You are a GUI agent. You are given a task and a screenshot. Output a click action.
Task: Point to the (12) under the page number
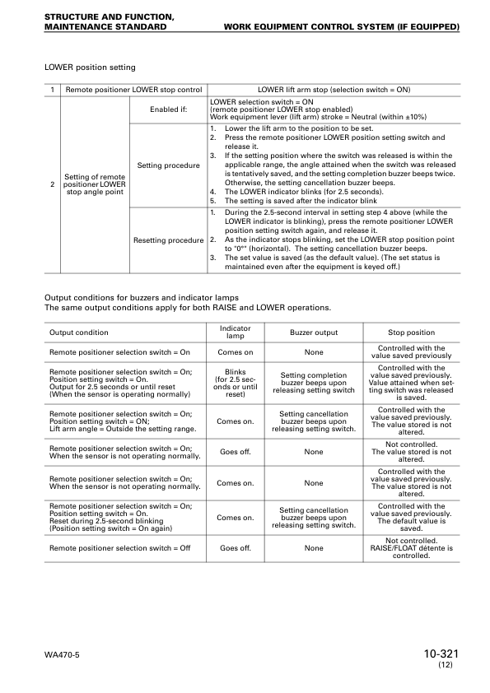point(446,665)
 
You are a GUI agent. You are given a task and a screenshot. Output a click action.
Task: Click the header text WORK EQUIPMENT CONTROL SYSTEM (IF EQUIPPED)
point(341,26)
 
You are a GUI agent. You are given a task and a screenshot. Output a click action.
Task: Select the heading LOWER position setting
point(90,67)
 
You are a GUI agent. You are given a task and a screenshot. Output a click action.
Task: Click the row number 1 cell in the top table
point(53,89)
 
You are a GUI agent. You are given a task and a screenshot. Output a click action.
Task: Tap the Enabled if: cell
point(168,109)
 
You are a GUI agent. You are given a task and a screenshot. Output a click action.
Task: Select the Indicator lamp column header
point(236,332)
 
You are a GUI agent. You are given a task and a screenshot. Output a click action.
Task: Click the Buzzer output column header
point(313,333)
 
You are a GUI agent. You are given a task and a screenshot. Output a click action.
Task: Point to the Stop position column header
point(411,333)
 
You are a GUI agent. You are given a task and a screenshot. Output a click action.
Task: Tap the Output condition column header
point(79,333)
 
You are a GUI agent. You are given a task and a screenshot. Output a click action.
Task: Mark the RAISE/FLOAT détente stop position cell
point(411,548)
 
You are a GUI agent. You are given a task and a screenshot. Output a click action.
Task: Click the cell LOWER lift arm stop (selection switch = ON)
point(334,89)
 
